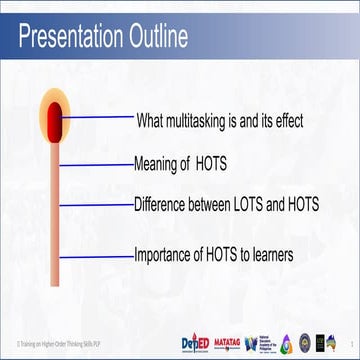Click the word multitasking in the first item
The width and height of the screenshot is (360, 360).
pyautogui.click(x=214, y=120)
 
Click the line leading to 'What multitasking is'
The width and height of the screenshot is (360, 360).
pyautogui.click(x=100, y=118)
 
